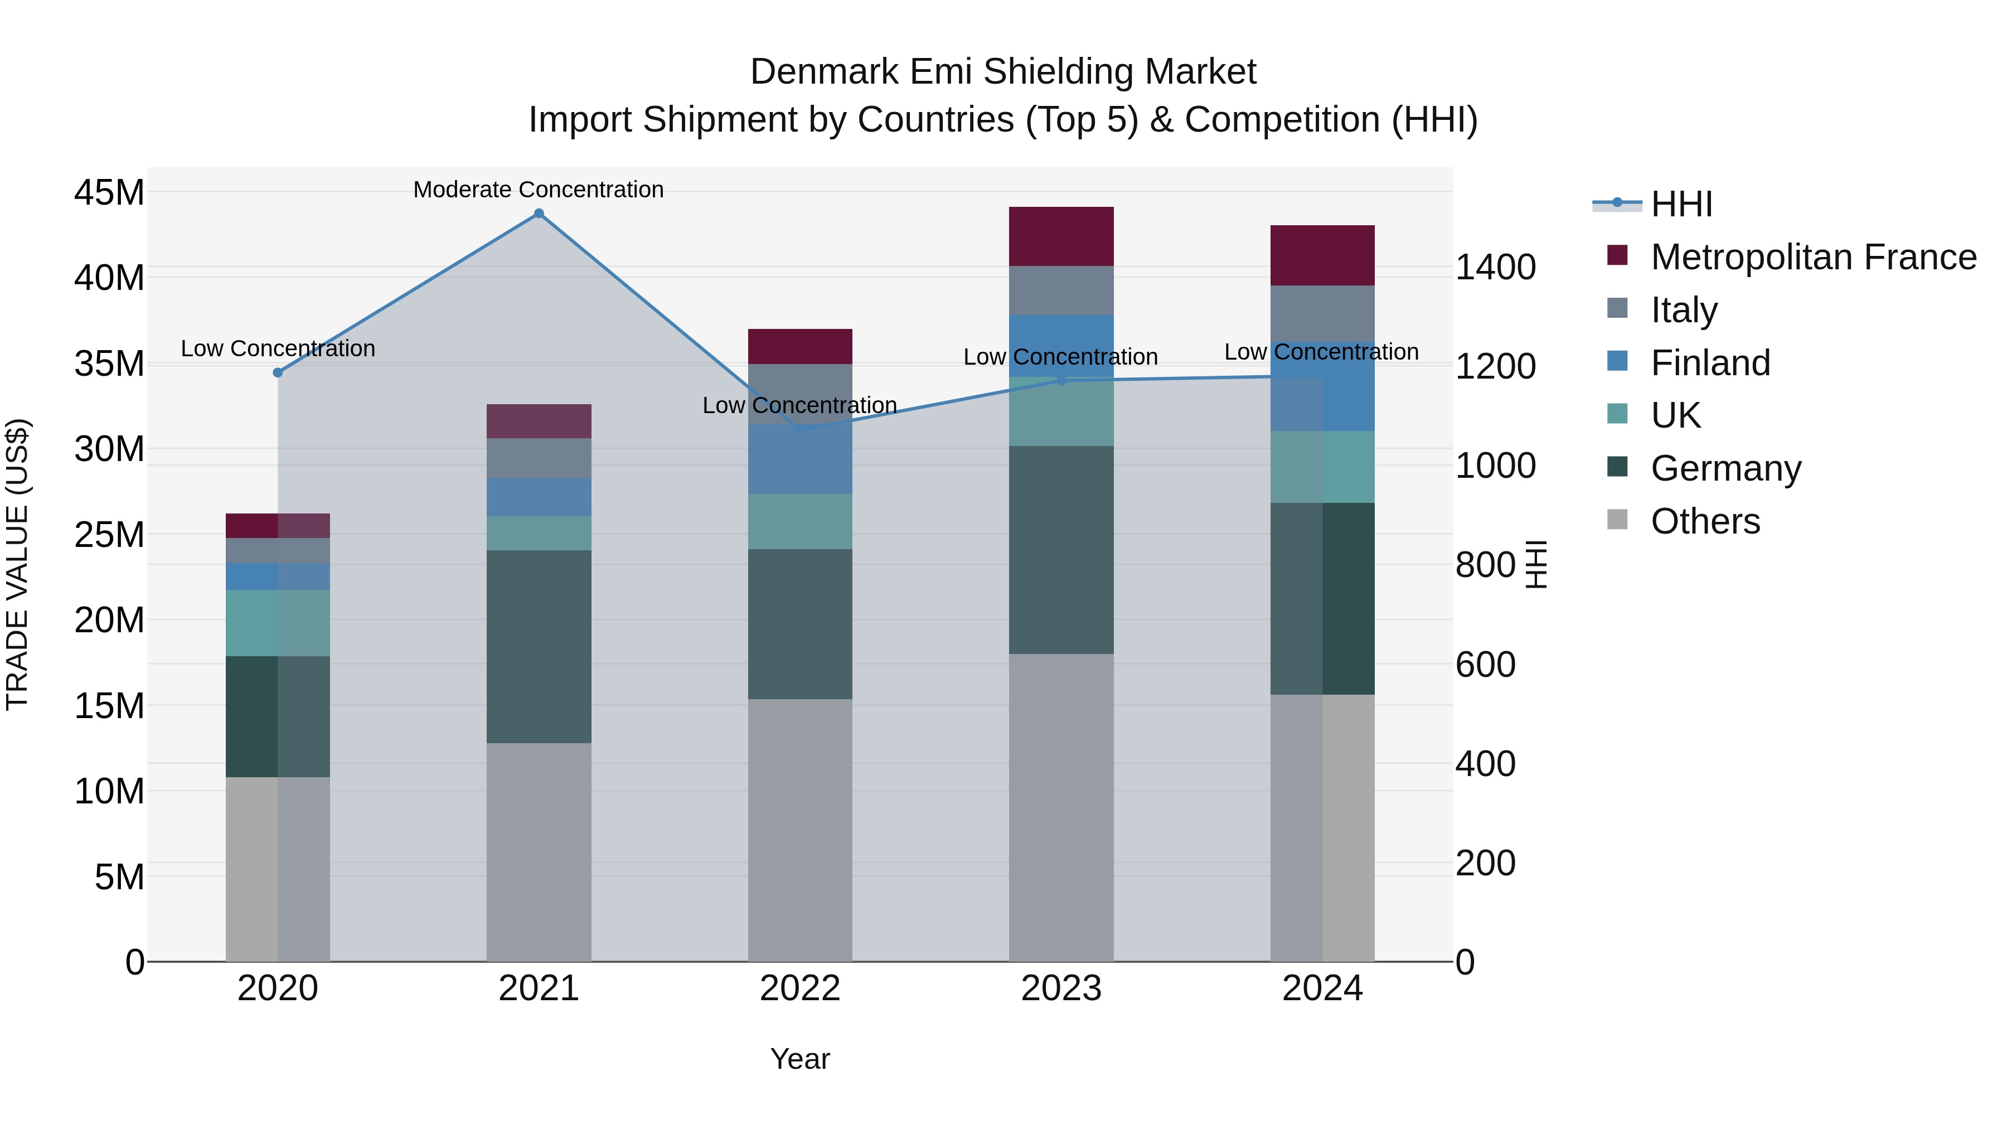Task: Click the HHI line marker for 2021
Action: (539, 214)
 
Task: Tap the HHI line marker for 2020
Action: (278, 372)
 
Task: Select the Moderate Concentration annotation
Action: (539, 190)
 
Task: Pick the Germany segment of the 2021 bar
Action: (539, 646)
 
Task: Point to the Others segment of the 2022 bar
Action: (800, 830)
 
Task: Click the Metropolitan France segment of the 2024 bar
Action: (1322, 255)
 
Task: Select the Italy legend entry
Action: (1683, 310)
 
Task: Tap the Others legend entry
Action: (1705, 521)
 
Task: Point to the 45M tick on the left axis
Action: (109, 192)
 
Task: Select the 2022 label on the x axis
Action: (800, 989)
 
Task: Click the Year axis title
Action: (800, 1059)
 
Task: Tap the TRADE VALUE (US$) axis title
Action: (17, 564)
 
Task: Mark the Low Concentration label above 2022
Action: (800, 405)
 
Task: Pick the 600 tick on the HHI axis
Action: (1485, 665)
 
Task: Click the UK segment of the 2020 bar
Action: (278, 623)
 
